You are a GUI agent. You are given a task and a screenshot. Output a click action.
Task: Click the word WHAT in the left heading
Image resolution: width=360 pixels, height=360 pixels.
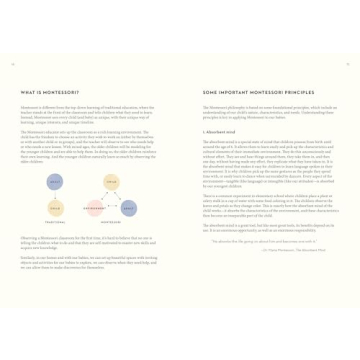click(x=26, y=92)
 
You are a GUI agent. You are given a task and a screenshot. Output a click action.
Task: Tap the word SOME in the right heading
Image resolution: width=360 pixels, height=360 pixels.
click(x=208, y=92)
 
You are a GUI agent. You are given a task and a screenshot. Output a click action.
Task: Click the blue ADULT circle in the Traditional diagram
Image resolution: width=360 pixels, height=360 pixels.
click(x=55, y=181)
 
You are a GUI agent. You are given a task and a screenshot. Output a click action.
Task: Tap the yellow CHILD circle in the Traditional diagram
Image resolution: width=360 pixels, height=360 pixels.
click(x=55, y=208)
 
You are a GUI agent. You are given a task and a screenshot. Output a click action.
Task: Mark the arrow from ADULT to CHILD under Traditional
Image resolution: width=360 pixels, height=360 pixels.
click(x=55, y=195)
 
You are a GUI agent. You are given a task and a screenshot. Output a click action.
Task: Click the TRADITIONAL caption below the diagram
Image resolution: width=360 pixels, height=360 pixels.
click(x=55, y=222)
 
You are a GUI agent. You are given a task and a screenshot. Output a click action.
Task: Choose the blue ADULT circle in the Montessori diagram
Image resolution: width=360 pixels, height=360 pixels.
click(x=129, y=208)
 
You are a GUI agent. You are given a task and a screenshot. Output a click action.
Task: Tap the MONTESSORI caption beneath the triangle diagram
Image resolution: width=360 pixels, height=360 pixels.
click(x=111, y=222)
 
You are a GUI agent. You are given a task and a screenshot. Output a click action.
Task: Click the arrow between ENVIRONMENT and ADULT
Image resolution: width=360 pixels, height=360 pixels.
click(x=112, y=209)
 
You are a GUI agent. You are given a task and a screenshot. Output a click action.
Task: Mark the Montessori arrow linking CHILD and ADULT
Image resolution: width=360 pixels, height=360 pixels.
click(x=121, y=196)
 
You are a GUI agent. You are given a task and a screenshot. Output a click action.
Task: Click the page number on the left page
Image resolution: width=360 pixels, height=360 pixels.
click(x=13, y=64)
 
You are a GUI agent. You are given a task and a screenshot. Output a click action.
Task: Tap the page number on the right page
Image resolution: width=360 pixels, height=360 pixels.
click(x=346, y=64)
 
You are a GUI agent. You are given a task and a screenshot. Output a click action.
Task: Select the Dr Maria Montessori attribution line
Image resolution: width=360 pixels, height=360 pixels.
click(x=265, y=250)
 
